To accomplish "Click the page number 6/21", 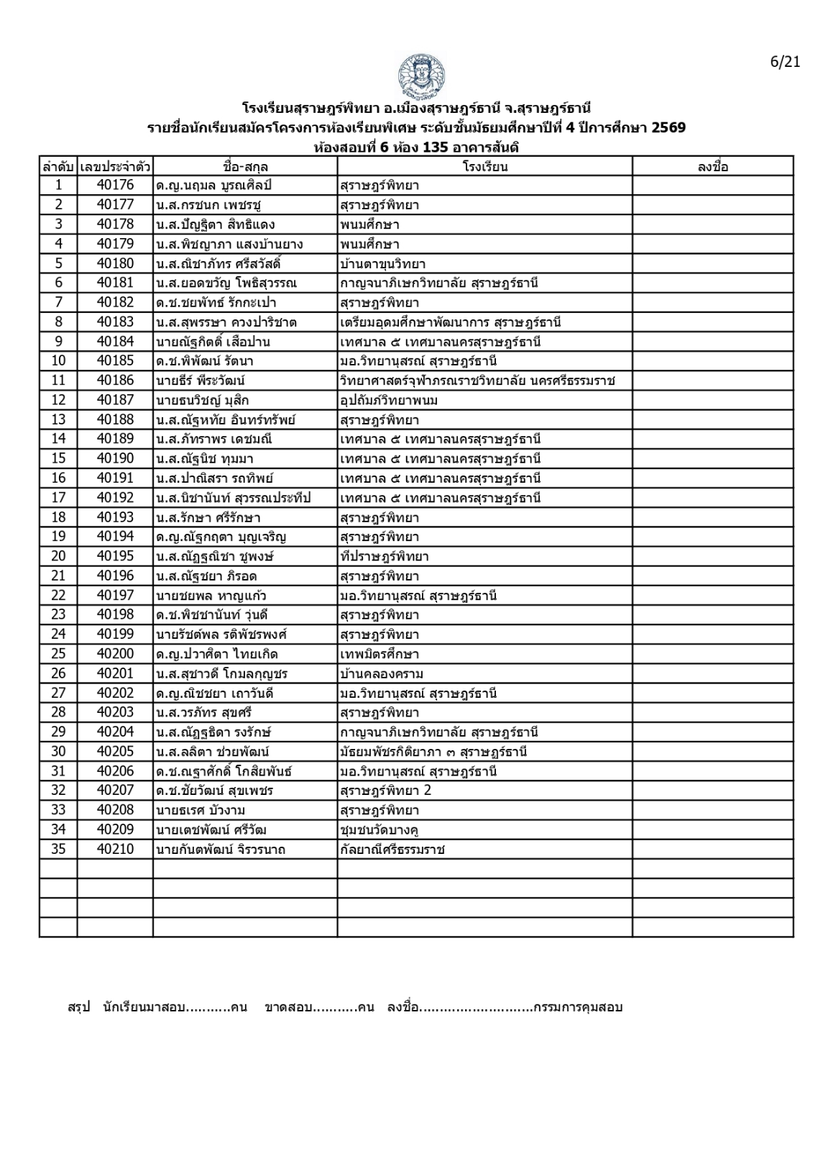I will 785,62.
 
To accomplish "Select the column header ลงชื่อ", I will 712,167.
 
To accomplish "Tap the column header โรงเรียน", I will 485,167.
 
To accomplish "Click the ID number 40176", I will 115,186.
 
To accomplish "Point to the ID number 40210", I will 115,850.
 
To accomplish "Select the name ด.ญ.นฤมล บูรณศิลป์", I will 213,186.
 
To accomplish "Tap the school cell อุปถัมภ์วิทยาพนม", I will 389,401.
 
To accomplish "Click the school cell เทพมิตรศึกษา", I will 380,655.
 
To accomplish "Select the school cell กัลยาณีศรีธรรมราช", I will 392,850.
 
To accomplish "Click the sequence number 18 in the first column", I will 58,518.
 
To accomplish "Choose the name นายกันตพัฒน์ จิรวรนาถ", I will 220,850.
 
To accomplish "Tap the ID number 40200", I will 115,655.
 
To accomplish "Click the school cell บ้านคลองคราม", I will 382,674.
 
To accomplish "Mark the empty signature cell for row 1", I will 712,186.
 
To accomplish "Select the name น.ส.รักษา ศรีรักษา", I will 208,518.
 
